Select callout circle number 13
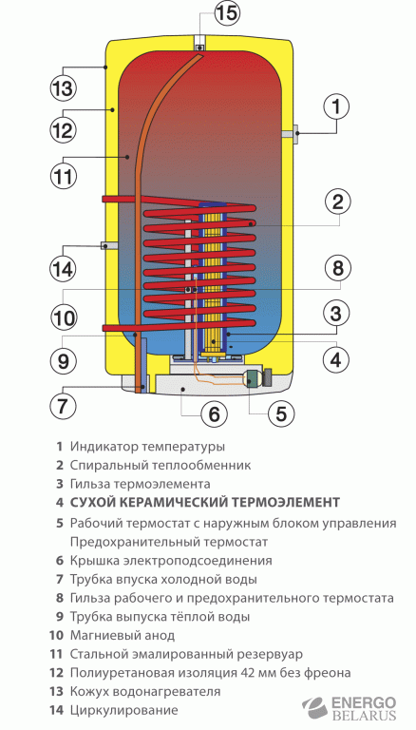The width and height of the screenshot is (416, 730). (x=62, y=88)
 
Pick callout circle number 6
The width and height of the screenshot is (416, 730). (x=214, y=413)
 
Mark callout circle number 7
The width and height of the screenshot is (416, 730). (x=62, y=406)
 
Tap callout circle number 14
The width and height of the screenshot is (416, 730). (x=62, y=269)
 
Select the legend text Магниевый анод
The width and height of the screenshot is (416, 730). (x=117, y=635)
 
